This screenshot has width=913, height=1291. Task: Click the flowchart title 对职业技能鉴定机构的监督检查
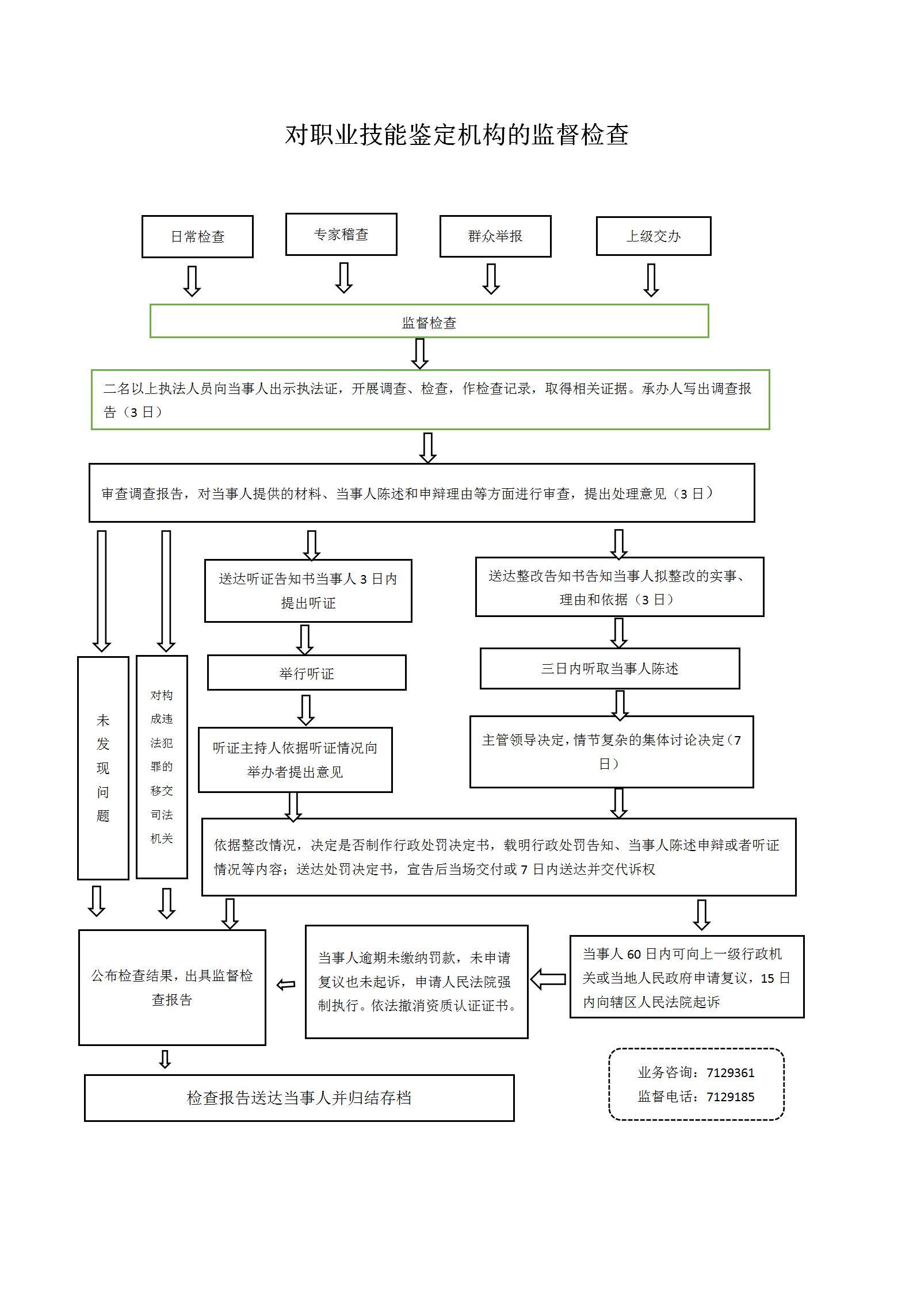457,135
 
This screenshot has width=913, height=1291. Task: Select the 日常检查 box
197,236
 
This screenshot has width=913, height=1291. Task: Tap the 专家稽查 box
341,234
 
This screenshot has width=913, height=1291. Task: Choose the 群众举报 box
495,236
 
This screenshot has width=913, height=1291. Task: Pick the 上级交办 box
654,236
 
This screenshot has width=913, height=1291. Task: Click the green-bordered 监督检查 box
429,321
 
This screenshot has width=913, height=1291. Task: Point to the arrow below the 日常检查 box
192,281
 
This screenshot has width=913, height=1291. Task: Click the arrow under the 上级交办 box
651,280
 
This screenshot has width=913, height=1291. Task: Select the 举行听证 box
307,672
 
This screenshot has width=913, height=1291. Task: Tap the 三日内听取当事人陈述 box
610,668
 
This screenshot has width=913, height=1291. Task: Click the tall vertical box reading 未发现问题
103,768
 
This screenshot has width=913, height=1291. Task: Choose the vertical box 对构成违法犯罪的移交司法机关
162,767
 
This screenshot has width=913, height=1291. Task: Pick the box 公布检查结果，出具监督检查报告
172,987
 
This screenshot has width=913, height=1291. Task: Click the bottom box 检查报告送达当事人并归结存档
299,1098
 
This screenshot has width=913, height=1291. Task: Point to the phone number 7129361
730,1072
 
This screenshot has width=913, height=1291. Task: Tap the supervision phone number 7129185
730,1097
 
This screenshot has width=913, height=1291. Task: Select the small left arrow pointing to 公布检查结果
286,984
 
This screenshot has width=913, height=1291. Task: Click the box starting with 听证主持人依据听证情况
295,760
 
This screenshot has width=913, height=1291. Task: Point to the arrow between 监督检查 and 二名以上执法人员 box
420,353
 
